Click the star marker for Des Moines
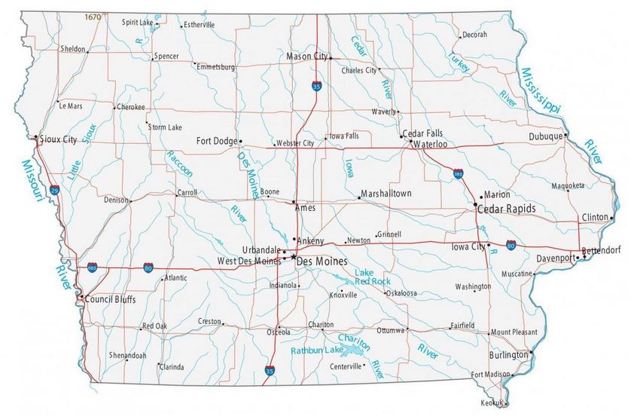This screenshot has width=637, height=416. click(293, 258)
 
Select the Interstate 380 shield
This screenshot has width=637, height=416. click(459, 174)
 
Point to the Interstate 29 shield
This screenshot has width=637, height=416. click(56, 191)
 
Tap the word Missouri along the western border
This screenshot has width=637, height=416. click(33, 181)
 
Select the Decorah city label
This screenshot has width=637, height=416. click(474, 35)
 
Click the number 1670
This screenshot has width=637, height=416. click(93, 16)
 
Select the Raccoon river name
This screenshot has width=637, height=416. click(179, 164)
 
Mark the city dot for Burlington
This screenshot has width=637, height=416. click(531, 352)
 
